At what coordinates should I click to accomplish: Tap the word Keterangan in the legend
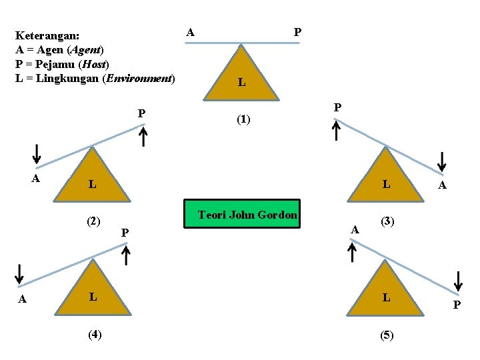click(47, 35)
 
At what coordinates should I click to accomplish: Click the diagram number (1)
click(243, 120)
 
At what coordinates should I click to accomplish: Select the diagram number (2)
click(93, 221)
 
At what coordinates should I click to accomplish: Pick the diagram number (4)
click(95, 335)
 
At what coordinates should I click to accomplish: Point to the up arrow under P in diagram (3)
click(337, 130)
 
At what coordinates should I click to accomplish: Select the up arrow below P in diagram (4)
click(126, 254)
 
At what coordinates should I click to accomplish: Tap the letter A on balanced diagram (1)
click(191, 31)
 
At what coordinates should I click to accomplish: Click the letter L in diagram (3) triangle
click(386, 183)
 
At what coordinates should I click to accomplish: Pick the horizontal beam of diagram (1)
click(242, 43)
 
